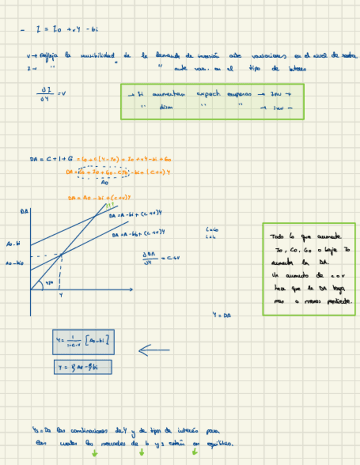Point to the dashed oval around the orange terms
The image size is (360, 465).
coord(104,172)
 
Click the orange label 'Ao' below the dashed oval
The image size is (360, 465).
coord(104,183)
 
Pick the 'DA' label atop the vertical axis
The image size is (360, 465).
coord(25,211)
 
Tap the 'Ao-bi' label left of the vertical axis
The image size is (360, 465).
coord(14,243)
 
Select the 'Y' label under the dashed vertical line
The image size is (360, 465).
coord(60,295)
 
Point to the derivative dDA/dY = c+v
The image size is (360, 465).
coord(161,257)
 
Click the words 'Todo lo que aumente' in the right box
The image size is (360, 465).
coord(305,237)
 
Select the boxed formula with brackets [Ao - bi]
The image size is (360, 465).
coord(83,342)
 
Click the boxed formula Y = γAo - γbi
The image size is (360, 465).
coord(83,367)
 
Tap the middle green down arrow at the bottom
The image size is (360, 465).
coord(142,452)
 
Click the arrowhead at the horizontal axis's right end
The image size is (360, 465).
coord(131,289)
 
